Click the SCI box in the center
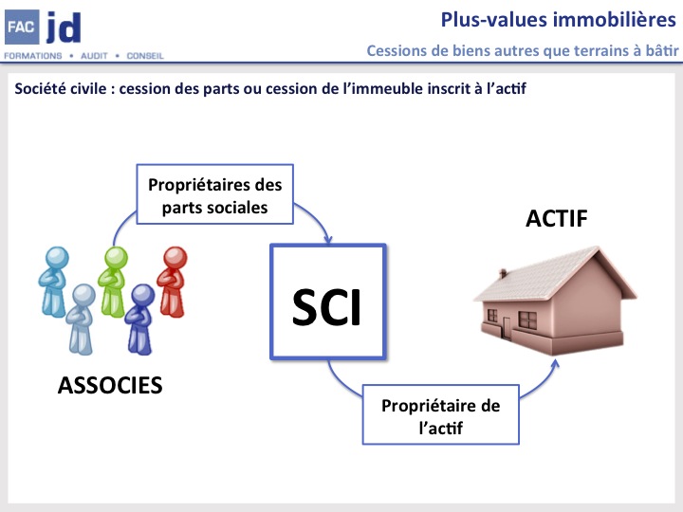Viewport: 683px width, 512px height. [327, 302]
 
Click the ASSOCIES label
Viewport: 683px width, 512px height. [110, 385]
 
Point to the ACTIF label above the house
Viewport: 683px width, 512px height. [557, 219]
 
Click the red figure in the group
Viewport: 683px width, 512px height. [174, 280]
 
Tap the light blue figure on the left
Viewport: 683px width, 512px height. [55, 280]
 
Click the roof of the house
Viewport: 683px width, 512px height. [550, 270]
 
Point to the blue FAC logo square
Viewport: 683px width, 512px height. [20, 27]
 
